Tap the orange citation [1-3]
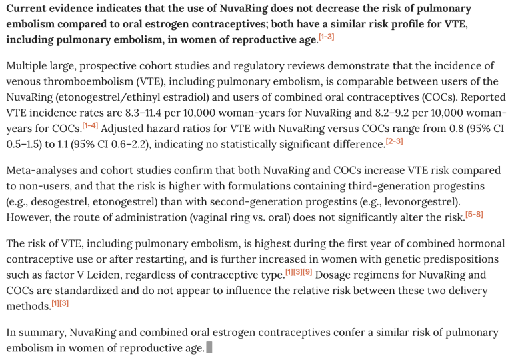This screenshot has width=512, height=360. (326, 37)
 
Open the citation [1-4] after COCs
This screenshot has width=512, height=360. (90, 125)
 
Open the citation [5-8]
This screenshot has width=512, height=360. (474, 214)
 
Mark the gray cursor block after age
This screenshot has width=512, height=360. (209, 347)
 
